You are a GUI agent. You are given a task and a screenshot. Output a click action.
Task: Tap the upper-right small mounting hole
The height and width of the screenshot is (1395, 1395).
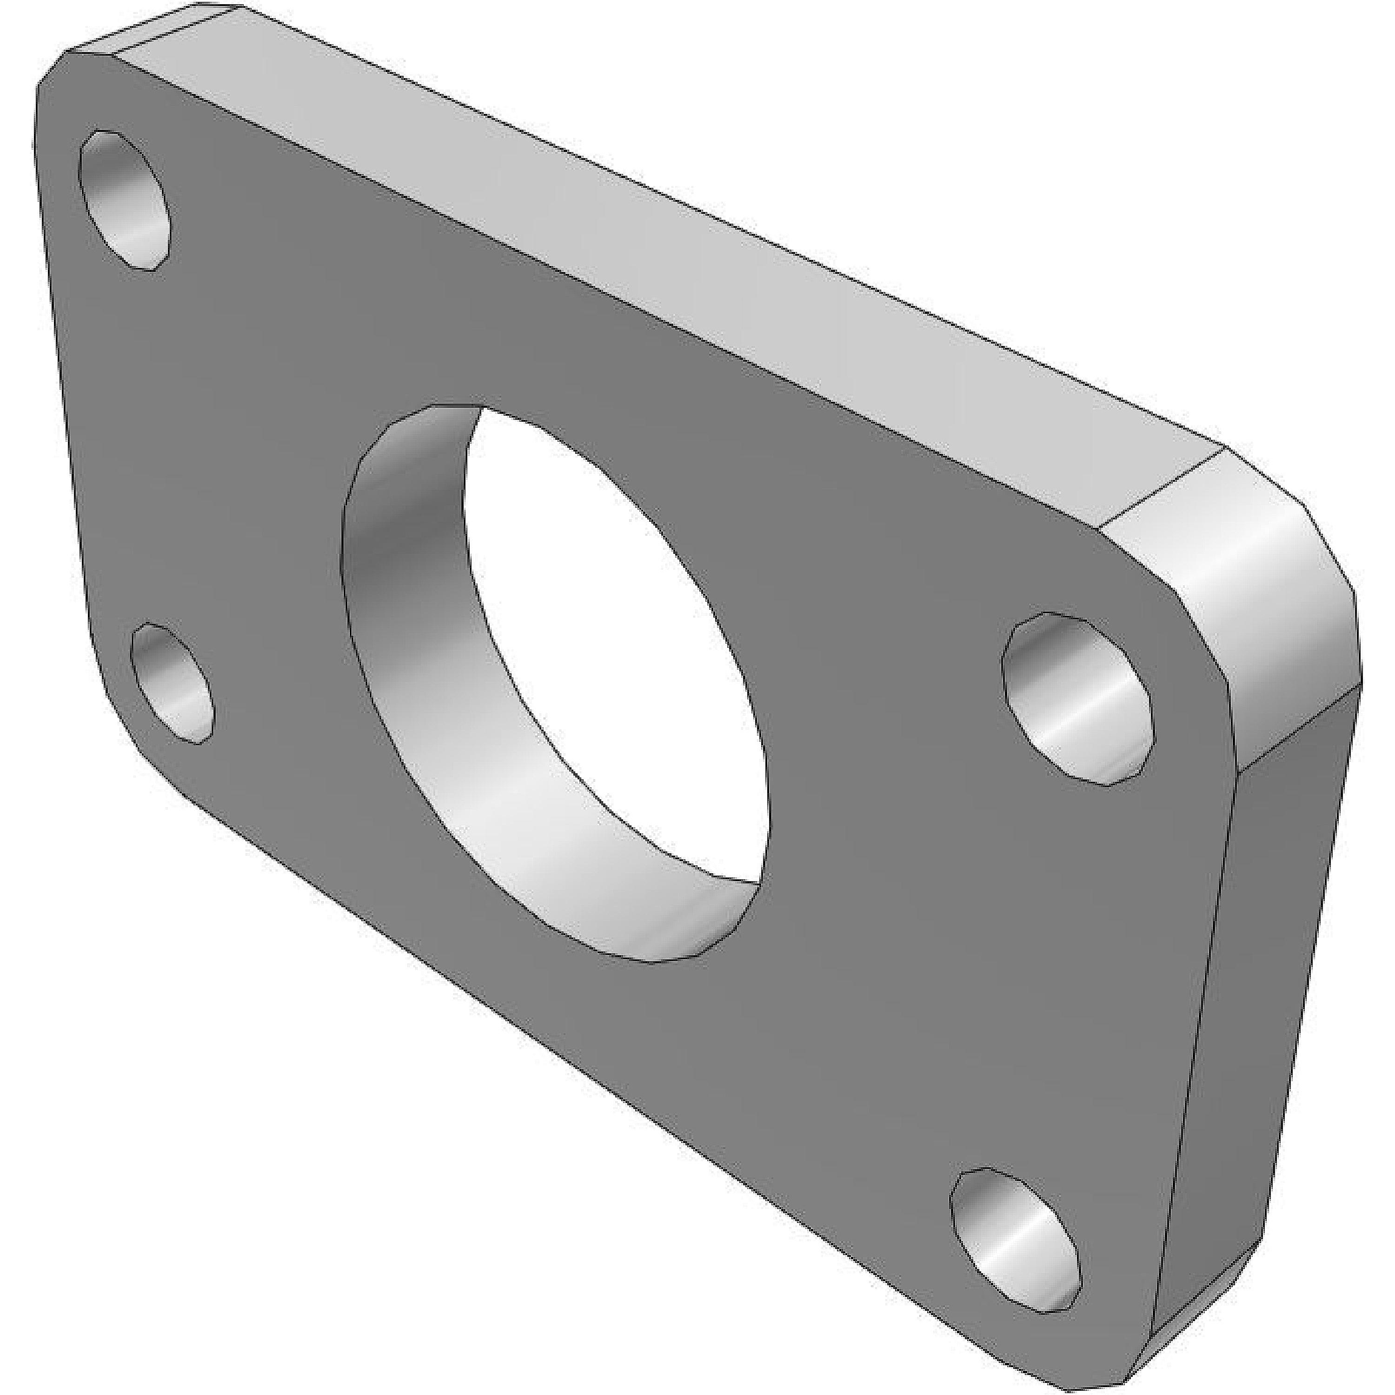[1076, 699]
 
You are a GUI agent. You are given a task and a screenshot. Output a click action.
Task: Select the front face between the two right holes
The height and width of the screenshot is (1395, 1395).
[1069, 939]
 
